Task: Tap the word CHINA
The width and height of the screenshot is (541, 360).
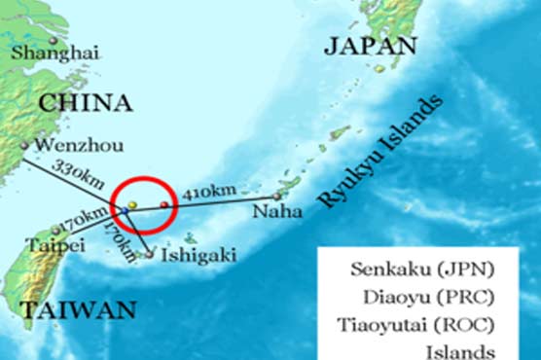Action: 85,102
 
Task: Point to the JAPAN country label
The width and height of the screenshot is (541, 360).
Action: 371,45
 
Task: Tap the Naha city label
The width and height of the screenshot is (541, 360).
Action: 275,210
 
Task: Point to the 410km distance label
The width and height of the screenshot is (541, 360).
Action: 205,192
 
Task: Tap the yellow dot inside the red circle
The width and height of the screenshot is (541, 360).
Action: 132,203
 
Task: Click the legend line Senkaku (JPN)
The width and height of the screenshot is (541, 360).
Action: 429,268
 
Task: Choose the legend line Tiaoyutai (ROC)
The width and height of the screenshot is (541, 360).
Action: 428,324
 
